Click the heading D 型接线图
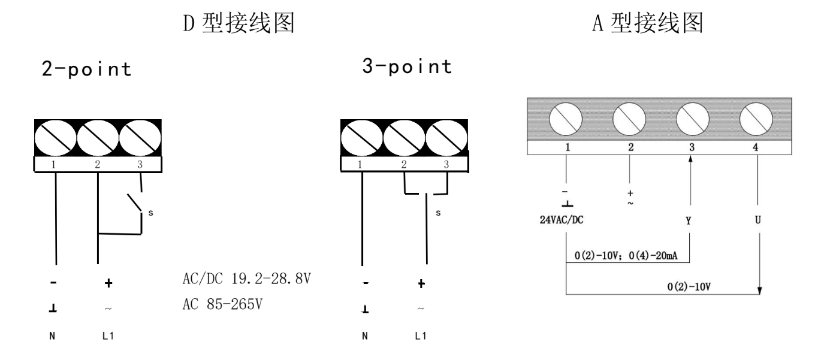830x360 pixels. tap(238, 25)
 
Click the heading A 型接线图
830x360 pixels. tap(646, 25)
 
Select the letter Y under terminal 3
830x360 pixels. tap(689, 221)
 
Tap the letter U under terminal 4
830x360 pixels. tap(757, 221)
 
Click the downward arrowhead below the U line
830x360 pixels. tap(760, 290)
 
